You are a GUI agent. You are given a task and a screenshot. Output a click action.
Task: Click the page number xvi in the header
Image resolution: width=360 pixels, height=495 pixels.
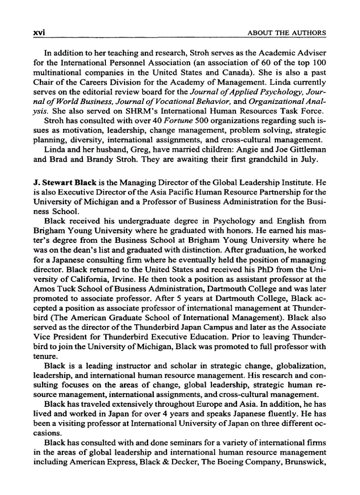(40, 33)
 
